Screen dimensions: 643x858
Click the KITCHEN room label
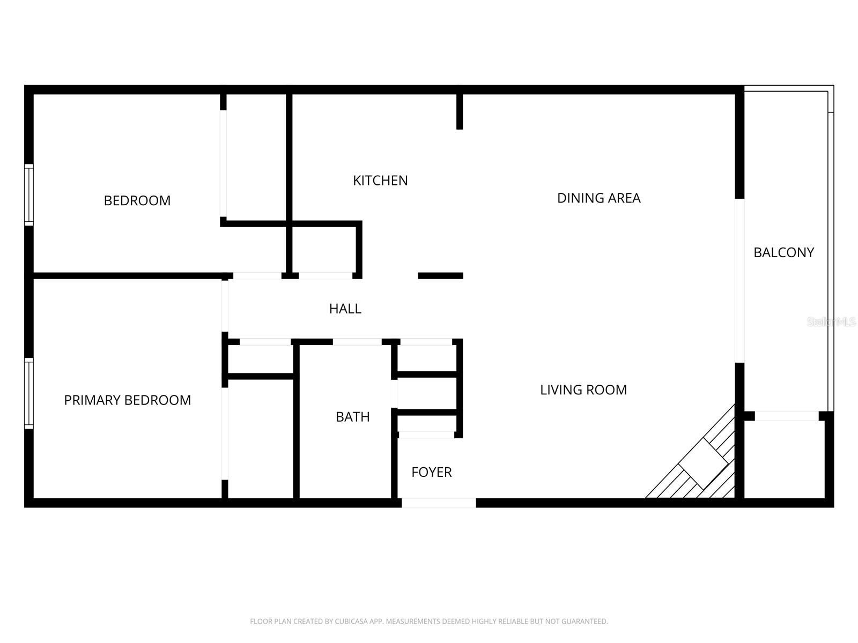pyautogui.click(x=380, y=181)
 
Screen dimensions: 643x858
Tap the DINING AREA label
pyautogui.click(x=598, y=198)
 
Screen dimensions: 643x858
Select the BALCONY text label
pyautogui.click(x=783, y=252)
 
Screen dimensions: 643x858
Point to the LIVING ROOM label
pyautogui.click(x=583, y=390)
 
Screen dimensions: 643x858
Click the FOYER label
pyautogui.click(x=431, y=472)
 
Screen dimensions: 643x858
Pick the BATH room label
pyautogui.click(x=352, y=417)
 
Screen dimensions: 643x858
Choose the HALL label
pyautogui.click(x=345, y=309)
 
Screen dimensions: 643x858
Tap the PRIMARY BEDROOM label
pyautogui.click(x=127, y=400)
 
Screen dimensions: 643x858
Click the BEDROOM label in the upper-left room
pyautogui.click(x=137, y=200)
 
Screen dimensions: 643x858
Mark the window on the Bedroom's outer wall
pyautogui.click(x=29, y=195)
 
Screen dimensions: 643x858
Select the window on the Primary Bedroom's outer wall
pyautogui.click(x=29, y=393)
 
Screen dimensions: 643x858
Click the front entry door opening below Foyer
pyautogui.click(x=439, y=503)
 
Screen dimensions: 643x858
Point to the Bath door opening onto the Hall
pyautogui.click(x=357, y=342)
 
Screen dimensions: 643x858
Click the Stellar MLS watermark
pyautogui.click(x=831, y=322)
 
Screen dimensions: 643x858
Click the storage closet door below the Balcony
pyautogui.click(x=786, y=416)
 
